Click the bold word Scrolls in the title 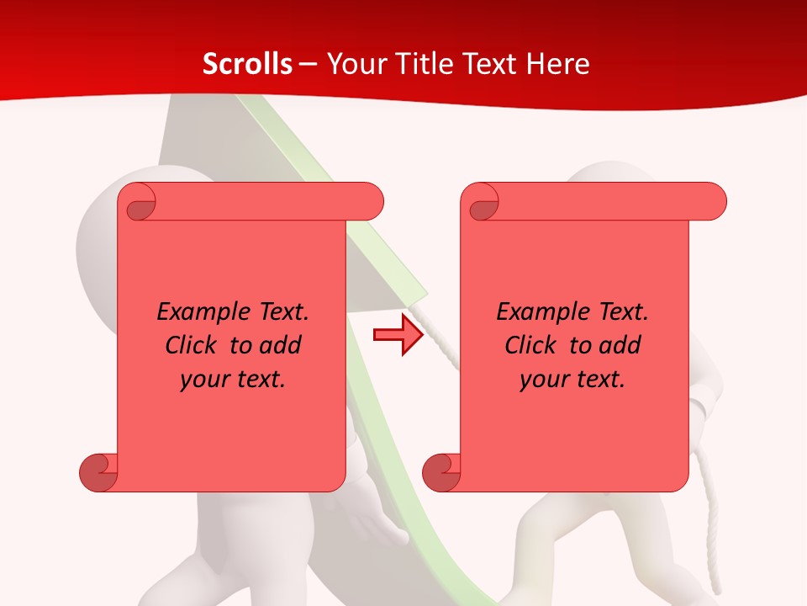pyautogui.click(x=248, y=64)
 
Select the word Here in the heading pyautogui.click(x=558, y=64)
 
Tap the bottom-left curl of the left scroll pyautogui.click(x=98, y=471)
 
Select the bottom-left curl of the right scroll pyautogui.click(x=442, y=471)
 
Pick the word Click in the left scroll pyautogui.click(x=193, y=345)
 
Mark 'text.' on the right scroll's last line pyautogui.click(x=600, y=379)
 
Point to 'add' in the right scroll pyautogui.click(x=620, y=345)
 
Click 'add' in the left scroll pyautogui.click(x=280, y=345)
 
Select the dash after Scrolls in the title pyautogui.click(x=308, y=64)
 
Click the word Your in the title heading pyautogui.click(x=355, y=64)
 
